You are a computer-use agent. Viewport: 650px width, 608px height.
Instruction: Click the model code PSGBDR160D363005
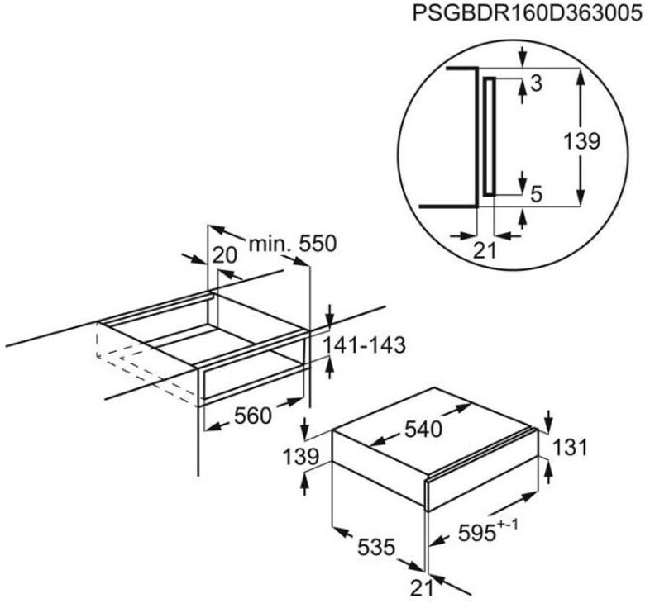(x=523, y=15)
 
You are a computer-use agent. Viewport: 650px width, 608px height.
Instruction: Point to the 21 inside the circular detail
(x=485, y=249)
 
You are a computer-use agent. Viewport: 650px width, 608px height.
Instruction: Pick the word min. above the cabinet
(x=267, y=244)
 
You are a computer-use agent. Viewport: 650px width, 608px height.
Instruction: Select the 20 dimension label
(x=224, y=256)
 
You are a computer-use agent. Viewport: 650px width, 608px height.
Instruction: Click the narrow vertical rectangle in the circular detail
(x=490, y=136)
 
